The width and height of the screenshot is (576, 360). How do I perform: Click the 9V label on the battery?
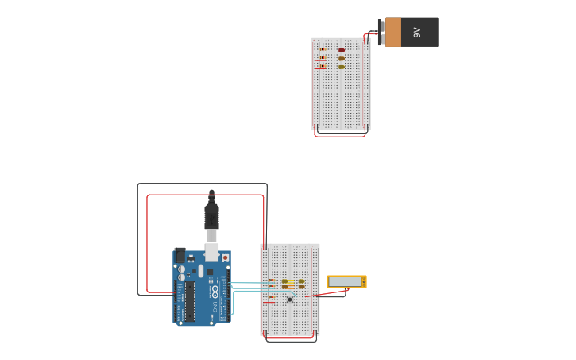pos(416,33)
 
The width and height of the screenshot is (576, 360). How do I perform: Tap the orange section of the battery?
pos(393,33)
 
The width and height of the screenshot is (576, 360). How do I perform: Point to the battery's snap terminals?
pos(381,33)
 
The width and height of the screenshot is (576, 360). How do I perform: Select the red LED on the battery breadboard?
pos(342,50)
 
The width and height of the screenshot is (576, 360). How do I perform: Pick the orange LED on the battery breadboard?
pos(342,58)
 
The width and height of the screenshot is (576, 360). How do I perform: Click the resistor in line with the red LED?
pos(322,50)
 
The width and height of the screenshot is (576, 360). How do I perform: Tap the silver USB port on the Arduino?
pos(212,252)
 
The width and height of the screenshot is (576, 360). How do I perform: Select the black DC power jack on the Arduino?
pos(180,255)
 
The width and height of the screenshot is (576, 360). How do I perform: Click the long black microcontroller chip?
pos(190,301)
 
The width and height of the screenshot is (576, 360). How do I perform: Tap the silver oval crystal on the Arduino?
pos(200,271)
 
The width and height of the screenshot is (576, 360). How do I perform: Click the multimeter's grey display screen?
pos(345,281)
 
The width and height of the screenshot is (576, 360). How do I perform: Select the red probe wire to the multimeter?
pos(326,293)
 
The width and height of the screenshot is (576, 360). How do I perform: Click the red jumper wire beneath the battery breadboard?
pos(340,136)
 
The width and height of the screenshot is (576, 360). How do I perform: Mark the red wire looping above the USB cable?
pos(205,195)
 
